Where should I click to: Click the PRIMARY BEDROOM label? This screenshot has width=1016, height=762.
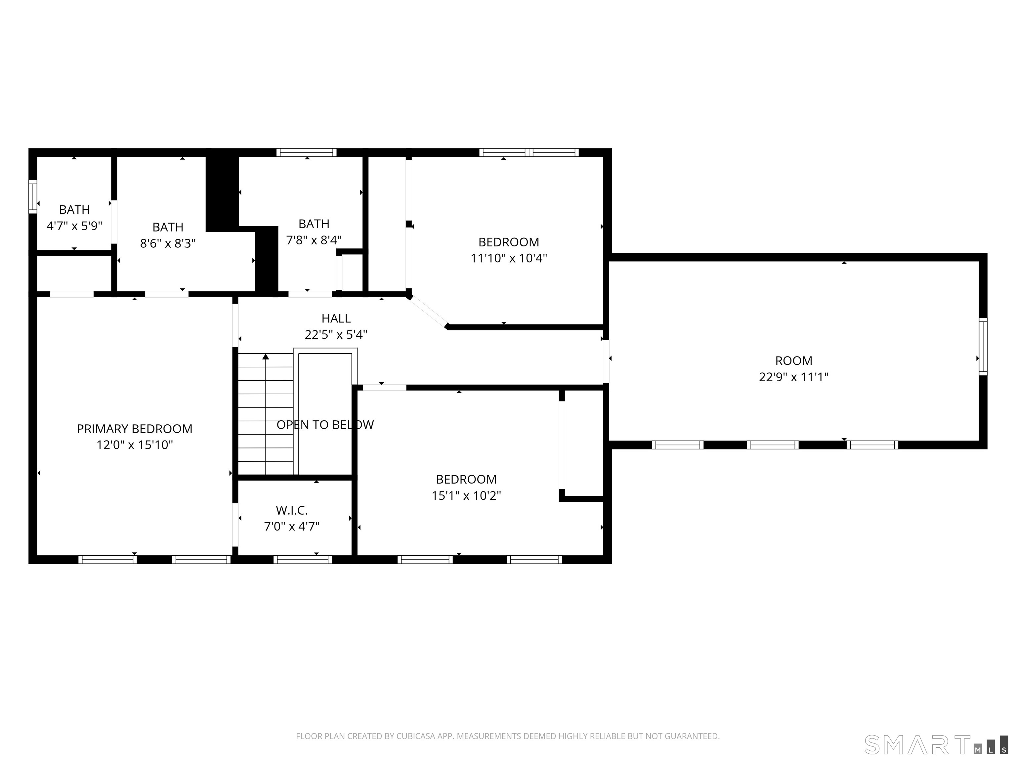(134, 429)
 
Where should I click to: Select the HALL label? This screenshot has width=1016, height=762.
(336, 318)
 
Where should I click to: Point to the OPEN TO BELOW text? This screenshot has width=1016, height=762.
(325, 424)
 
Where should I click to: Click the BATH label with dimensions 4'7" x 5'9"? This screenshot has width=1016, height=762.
(74, 209)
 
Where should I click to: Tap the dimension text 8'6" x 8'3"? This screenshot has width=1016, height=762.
(168, 243)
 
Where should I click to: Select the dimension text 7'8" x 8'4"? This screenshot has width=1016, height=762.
(314, 240)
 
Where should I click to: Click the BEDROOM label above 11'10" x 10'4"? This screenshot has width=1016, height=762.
(508, 242)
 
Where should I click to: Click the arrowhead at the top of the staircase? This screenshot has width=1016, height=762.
(266, 357)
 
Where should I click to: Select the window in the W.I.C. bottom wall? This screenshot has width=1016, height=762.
(302, 560)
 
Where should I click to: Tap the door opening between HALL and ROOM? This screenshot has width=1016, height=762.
(606, 361)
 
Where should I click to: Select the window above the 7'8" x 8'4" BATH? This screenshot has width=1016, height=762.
(306, 152)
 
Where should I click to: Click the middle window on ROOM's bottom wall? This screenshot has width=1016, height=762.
(773, 444)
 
